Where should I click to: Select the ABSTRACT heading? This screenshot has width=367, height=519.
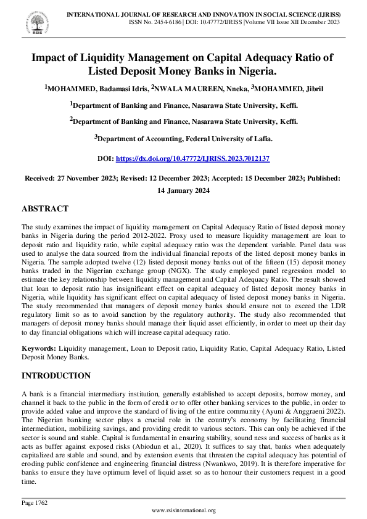[45, 209]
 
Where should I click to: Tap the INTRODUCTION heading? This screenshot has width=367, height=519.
[56, 375]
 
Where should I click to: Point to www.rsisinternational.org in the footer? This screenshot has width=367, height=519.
[183, 510]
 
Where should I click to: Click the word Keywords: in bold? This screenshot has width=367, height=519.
[39, 348]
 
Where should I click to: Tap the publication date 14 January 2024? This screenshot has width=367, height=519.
[183, 190]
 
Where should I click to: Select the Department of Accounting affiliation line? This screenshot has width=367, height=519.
[183, 139]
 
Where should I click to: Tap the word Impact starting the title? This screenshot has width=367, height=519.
[51, 57]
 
